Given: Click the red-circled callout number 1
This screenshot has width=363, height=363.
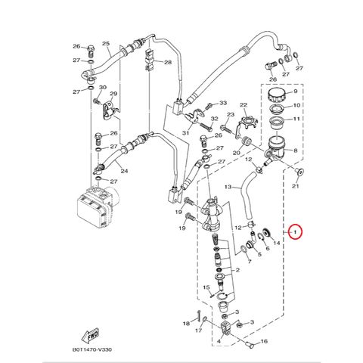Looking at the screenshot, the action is [296, 231].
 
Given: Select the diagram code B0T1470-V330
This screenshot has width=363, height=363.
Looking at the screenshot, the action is [92, 349].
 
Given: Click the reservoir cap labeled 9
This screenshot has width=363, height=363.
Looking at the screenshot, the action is [277, 95].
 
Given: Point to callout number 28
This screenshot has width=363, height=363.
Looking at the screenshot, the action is [168, 62].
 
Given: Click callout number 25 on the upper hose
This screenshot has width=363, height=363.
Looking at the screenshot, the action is [106, 43].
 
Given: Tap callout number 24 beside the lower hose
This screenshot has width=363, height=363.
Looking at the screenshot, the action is [124, 171].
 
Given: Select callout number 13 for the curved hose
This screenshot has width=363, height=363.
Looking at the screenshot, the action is [228, 187].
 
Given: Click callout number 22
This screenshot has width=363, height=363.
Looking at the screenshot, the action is [244, 104].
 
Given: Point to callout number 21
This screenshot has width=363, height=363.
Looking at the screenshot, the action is [295, 186].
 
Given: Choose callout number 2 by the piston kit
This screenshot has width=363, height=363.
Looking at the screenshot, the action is [237, 270].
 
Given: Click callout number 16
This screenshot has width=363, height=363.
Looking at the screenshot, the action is [264, 341].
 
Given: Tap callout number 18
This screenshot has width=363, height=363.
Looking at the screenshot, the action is [186, 323].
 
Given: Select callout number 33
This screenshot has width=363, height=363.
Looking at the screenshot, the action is [223, 103].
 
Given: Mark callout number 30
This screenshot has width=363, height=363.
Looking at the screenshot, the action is [103, 88].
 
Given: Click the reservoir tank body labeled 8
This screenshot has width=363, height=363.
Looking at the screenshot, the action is [276, 149].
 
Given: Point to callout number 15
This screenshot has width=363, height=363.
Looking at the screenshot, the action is [206, 287].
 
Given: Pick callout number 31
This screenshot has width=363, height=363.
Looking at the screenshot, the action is [186, 132].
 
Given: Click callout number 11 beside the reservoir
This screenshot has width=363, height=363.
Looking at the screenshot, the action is [296, 118].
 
